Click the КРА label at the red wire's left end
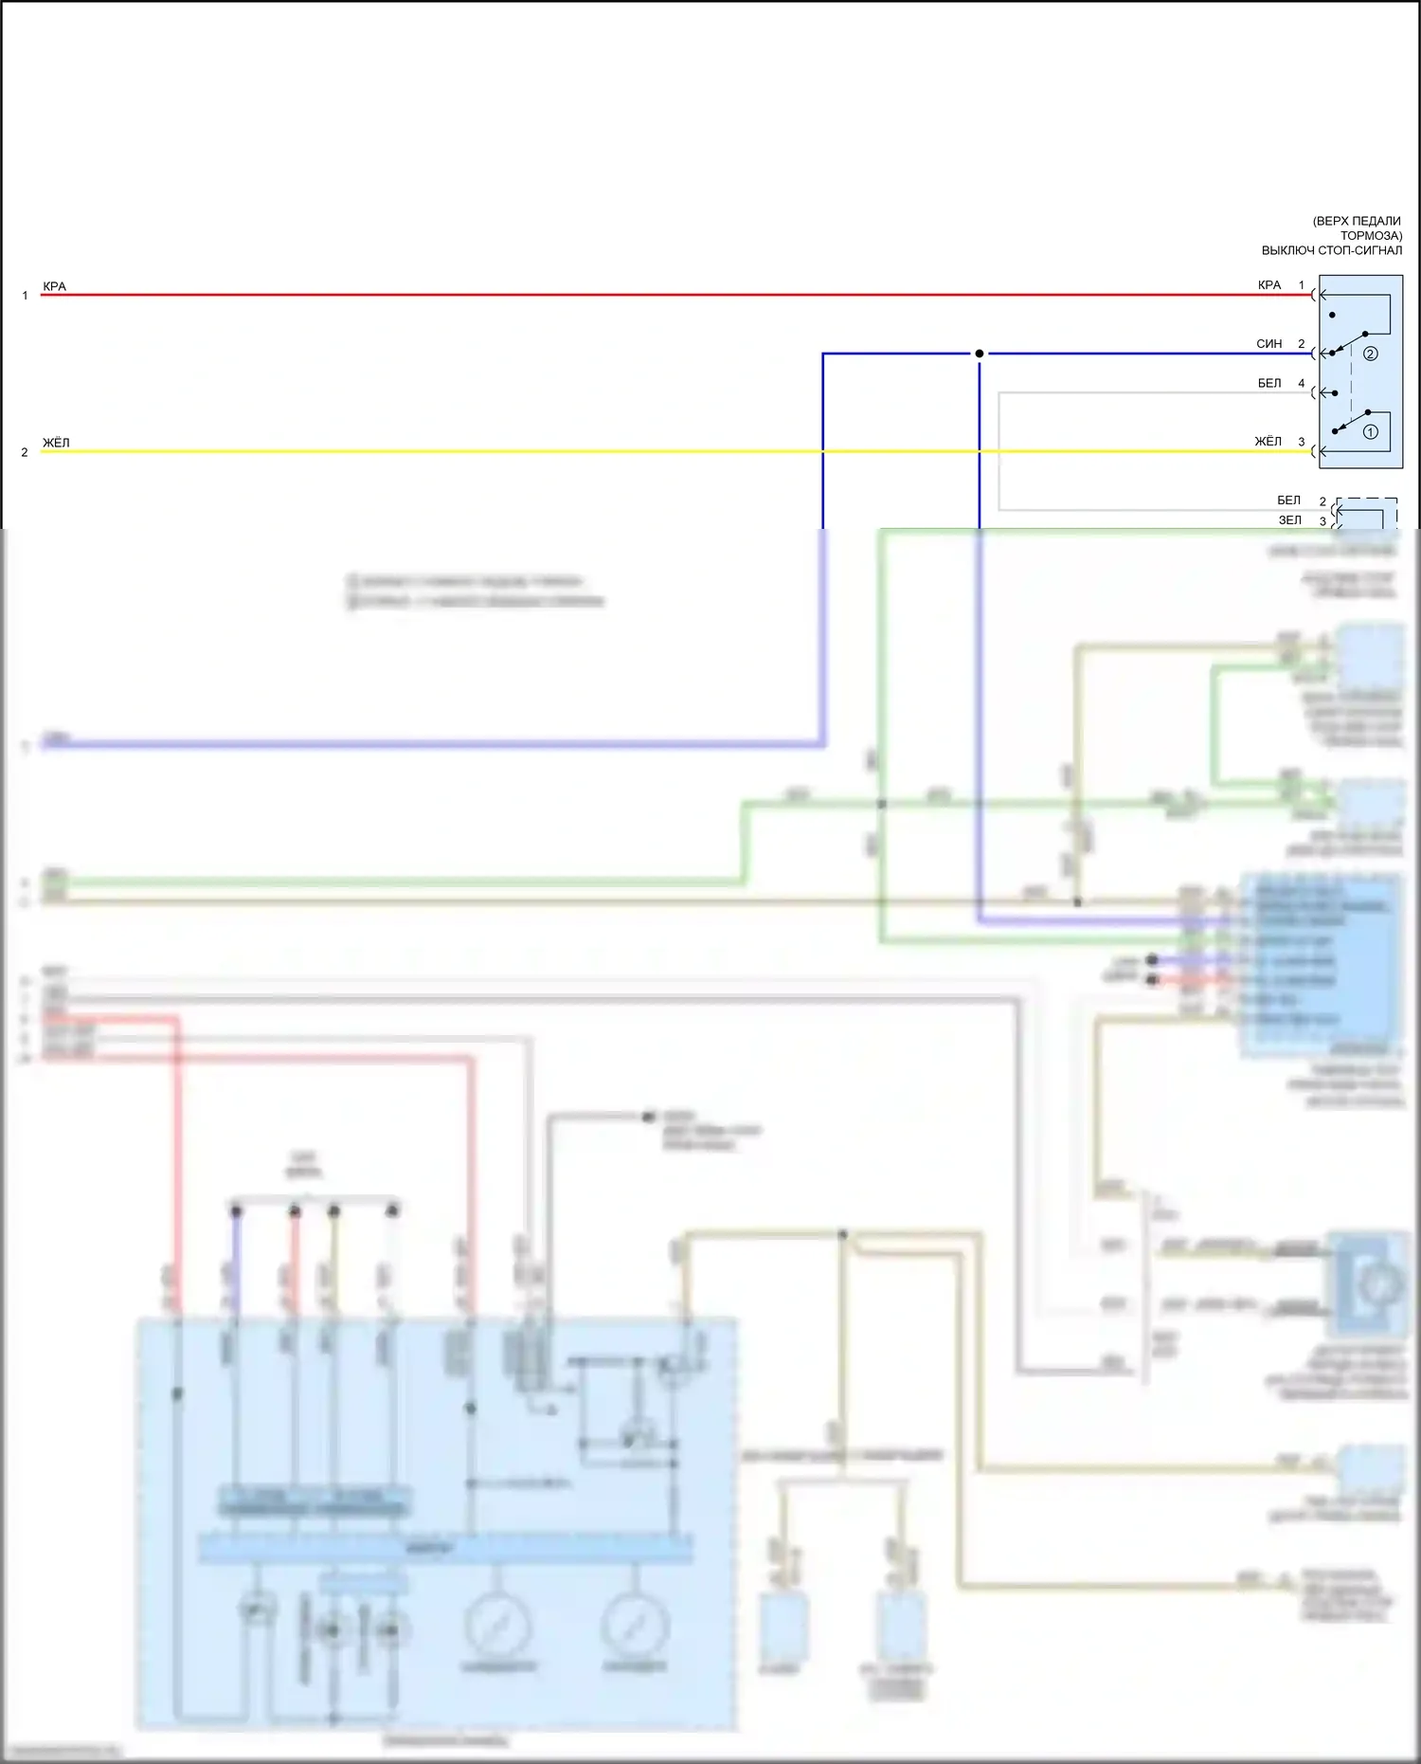point(54,286)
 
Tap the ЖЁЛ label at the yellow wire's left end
point(56,443)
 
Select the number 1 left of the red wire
point(25,296)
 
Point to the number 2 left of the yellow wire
point(25,452)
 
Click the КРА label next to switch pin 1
point(1269,285)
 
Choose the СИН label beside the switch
point(1269,344)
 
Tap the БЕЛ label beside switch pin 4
point(1269,384)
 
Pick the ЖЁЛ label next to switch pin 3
point(1268,442)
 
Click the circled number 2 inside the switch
point(1370,354)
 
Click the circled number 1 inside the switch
point(1370,432)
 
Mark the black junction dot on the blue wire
point(980,354)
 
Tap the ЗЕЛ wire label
point(1290,520)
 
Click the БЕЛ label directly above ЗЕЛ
point(1289,500)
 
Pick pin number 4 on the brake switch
point(1302,384)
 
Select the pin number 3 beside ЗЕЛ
point(1322,521)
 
